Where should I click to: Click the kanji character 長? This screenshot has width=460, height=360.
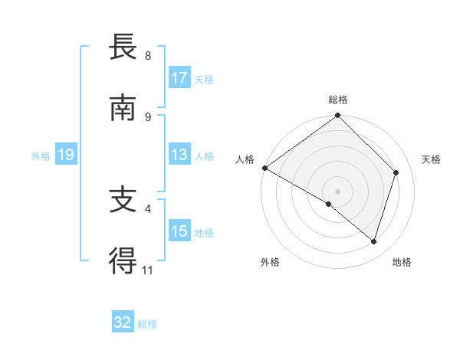[123, 48]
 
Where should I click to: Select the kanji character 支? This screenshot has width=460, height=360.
[123, 201]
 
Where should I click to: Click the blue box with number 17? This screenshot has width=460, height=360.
[179, 78]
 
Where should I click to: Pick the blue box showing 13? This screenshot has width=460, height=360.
[179, 155]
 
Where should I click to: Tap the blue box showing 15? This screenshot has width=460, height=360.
[179, 231]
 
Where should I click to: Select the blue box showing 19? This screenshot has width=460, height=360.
[65, 155]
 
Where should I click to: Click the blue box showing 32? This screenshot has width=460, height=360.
[123, 322]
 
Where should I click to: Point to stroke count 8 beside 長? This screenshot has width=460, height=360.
[147, 56]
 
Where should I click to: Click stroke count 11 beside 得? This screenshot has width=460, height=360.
[147, 270]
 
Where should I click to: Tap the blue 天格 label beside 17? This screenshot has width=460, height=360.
[204, 80]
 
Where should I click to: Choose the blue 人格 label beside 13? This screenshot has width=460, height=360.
[204, 156]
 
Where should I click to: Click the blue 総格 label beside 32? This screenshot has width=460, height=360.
[147, 324]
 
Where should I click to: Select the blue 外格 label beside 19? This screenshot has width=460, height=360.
[41, 156]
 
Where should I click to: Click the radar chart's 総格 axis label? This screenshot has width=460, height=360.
[337, 100]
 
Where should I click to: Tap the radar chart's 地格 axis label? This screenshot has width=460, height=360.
[402, 262]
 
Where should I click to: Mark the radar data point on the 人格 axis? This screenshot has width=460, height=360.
[264, 168]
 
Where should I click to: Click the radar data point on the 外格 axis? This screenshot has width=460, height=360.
[329, 204]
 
